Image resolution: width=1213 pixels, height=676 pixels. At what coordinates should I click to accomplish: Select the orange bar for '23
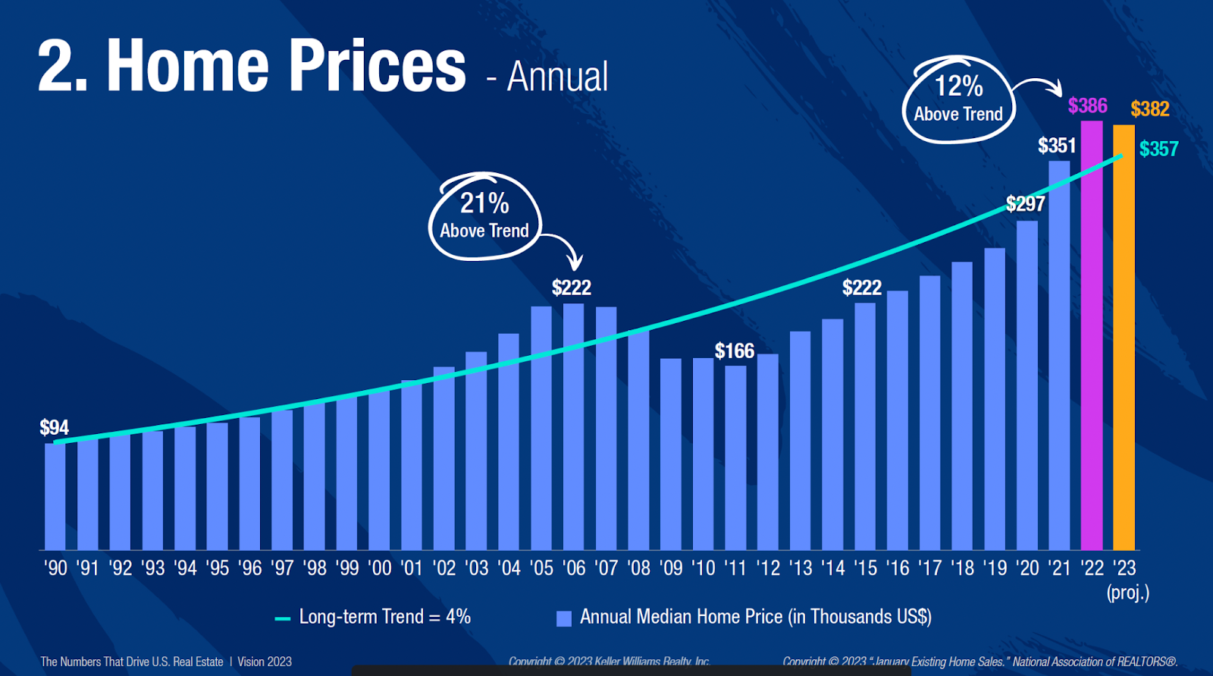1124,338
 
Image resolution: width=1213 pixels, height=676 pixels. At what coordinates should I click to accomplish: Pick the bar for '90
55,496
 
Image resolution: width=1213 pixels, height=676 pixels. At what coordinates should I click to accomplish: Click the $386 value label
1087,105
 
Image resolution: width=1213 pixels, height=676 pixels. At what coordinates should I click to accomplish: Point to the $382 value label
1149,109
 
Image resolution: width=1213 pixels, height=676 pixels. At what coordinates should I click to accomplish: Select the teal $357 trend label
1158,149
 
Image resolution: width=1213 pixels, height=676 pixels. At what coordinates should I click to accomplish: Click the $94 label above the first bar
55,427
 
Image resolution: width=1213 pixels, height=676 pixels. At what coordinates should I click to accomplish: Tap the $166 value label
735,351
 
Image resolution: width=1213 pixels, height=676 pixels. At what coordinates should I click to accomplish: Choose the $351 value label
1056,145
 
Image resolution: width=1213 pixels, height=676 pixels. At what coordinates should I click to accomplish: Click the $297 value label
1025,203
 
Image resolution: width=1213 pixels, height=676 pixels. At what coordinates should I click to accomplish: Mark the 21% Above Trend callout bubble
484,216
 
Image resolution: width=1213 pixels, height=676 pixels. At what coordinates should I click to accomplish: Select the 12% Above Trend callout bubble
958,99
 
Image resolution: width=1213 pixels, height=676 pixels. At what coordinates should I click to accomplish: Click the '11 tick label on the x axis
735,568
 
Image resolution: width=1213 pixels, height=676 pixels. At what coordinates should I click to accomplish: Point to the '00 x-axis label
379,568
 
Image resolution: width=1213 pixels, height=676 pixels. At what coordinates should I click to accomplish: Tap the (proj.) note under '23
1127,593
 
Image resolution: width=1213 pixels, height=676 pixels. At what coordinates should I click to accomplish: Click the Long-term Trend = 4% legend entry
374,617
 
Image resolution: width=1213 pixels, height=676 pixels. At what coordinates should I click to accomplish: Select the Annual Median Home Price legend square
563,618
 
